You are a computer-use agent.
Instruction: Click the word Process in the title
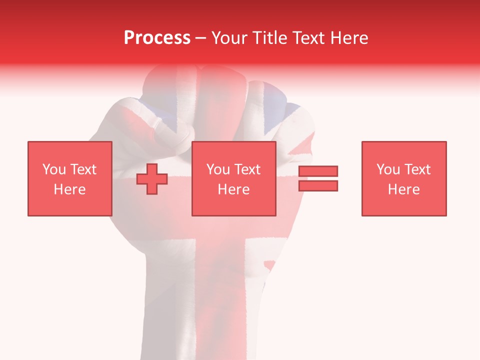(x=157, y=38)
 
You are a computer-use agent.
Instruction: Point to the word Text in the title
(x=308, y=38)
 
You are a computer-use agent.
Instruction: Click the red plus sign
(x=152, y=179)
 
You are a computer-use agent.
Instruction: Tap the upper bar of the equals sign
(x=318, y=171)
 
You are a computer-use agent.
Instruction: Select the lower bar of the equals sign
(x=318, y=186)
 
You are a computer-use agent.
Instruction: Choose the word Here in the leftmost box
(x=69, y=189)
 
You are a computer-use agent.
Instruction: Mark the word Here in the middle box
(x=233, y=189)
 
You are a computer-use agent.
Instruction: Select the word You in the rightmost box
(x=388, y=169)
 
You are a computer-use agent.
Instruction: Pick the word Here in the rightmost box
(x=403, y=189)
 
